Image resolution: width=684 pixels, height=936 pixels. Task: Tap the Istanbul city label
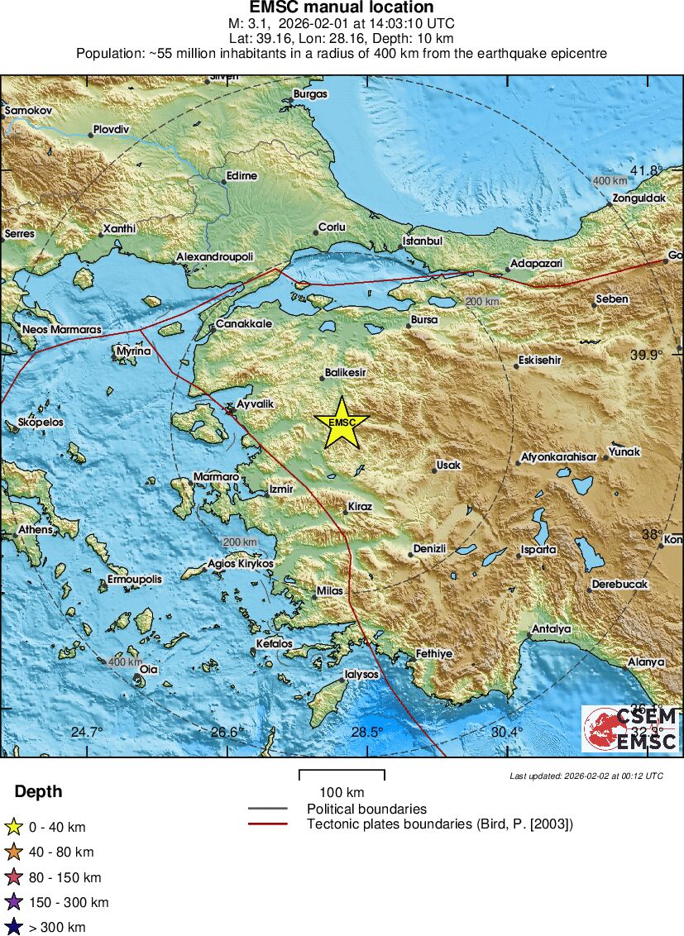(x=423, y=241)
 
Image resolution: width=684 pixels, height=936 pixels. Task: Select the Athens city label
(x=36, y=529)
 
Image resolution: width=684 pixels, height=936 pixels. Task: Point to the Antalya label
(x=552, y=628)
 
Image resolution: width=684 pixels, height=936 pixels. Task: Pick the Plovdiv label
(x=112, y=129)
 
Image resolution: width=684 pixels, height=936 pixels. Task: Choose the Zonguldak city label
(x=639, y=198)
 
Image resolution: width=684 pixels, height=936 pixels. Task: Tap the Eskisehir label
(x=538, y=360)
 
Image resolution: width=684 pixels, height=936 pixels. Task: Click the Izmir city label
(x=281, y=489)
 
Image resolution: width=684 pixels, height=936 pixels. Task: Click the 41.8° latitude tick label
(x=647, y=170)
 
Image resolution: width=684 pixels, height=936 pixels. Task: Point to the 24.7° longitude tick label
(x=87, y=732)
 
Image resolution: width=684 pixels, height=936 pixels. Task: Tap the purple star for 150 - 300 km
(x=13, y=902)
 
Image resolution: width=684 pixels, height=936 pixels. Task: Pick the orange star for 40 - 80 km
(x=13, y=852)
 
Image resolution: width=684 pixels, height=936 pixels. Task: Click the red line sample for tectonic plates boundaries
(x=267, y=824)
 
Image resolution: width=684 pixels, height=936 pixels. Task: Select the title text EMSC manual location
(x=342, y=7)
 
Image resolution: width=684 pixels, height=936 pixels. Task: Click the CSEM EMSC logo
(x=630, y=728)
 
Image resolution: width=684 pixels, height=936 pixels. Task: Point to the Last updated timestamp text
(x=586, y=776)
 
